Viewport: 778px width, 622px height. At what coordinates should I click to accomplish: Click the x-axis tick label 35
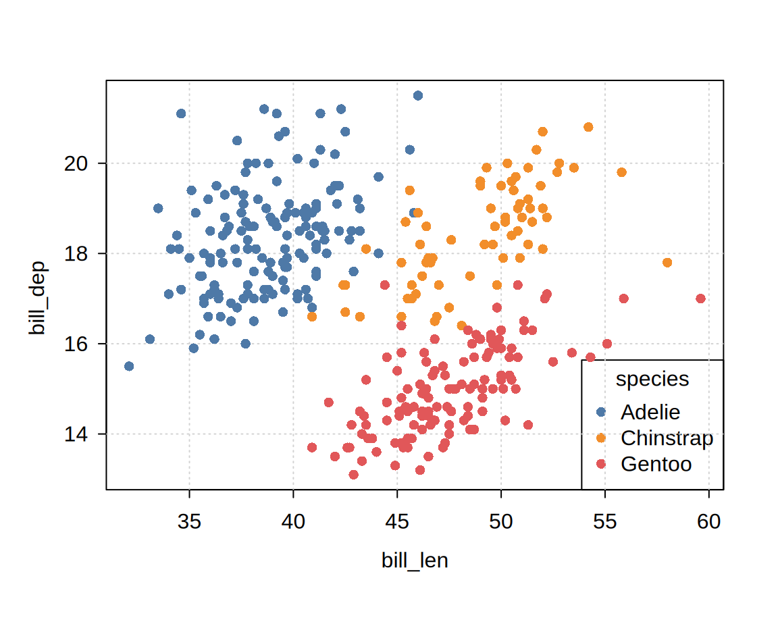[189, 522]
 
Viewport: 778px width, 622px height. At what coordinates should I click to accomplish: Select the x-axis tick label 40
[293, 522]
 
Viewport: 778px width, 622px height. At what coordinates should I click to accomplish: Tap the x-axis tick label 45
[397, 522]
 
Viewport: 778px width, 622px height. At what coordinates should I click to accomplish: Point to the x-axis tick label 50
[501, 522]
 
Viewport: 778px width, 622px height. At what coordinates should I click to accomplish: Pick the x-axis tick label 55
[605, 522]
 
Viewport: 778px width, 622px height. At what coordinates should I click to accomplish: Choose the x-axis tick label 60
[708, 522]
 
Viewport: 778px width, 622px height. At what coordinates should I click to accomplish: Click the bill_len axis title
[415, 561]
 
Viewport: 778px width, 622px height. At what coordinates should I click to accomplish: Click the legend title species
[652, 380]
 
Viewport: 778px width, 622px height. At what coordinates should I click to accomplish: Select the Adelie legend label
[650, 412]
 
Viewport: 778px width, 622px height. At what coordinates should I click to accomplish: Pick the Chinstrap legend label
[667, 438]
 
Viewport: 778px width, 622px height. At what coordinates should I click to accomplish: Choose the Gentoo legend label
[656, 465]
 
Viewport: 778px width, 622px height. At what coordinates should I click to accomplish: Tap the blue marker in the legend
[602, 412]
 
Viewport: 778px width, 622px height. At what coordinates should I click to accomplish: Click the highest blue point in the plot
[418, 96]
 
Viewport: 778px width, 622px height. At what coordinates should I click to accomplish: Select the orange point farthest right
[667, 263]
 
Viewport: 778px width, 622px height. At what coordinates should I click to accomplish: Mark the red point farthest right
[700, 299]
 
